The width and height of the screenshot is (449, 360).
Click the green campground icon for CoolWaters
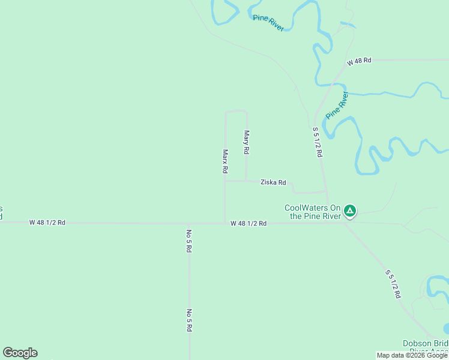click(x=350, y=211)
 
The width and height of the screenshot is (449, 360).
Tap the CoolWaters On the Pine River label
click(x=312, y=212)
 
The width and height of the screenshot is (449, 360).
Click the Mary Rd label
click(x=246, y=142)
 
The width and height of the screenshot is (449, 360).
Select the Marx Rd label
click(x=225, y=161)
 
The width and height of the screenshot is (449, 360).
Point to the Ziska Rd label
click(x=273, y=182)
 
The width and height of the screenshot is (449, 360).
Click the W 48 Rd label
click(x=359, y=61)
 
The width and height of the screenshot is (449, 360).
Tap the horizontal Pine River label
click(x=268, y=23)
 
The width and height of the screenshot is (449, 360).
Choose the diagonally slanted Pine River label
click(x=337, y=104)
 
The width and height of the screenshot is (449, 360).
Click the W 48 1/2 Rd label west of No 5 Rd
click(x=47, y=222)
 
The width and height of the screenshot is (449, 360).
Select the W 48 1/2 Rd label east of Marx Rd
click(x=248, y=223)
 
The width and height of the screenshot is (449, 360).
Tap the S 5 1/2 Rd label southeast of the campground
click(x=393, y=284)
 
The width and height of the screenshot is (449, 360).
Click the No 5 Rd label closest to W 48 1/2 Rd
click(x=188, y=240)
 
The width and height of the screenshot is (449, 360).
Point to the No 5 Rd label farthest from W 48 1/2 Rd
click(x=188, y=320)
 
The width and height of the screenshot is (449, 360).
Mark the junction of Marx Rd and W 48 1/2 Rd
click(x=225, y=223)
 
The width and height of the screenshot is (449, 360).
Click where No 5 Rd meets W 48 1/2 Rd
click(x=188, y=223)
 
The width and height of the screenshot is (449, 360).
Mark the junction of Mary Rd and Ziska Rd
click(x=246, y=181)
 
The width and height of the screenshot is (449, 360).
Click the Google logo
click(x=20, y=353)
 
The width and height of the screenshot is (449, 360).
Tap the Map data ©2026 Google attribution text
click(x=412, y=355)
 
